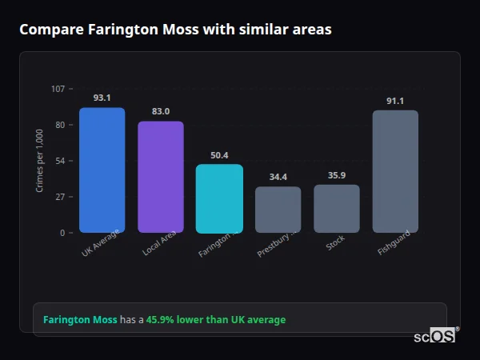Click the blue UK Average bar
[x=102, y=170]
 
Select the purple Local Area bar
[x=161, y=177]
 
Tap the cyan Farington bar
[x=219, y=198]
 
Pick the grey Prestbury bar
[x=278, y=210]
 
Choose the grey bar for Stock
[x=337, y=209]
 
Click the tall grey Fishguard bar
[x=395, y=171]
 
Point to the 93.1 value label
[x=102, y=98]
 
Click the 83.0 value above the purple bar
[x=161, y=111]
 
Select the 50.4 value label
[x=219, y=155]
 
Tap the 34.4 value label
[x=278, y=177]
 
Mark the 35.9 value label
[x=337, y=175]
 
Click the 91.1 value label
[x=395, y=101]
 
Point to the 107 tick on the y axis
[x=58, y=89]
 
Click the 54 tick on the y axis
[x=60, y=161]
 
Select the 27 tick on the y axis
[x=60, y=197]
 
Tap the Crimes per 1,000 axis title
[x=40, y=161]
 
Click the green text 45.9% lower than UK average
[x=215, y=320]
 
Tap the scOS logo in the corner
[x=435, y=336]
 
